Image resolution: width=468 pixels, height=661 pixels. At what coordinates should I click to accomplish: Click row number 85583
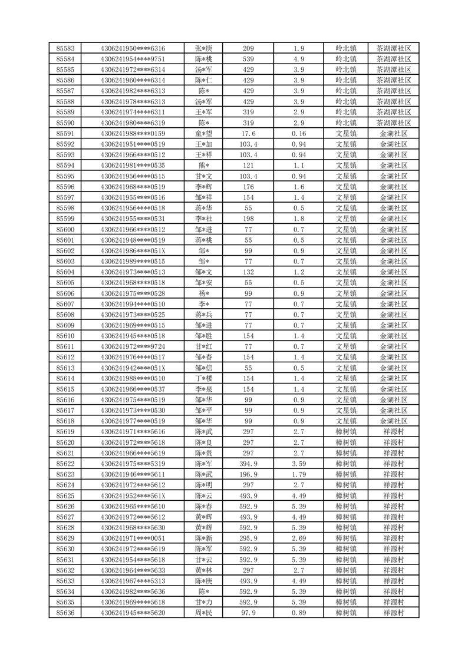(x=65, y=48)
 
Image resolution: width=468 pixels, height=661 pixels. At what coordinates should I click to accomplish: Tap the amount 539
(x=248, y=59)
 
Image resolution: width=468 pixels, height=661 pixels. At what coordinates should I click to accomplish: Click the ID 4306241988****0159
(x=133, y=134)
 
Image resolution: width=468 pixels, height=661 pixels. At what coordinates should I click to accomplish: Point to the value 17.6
(x=248, y=134)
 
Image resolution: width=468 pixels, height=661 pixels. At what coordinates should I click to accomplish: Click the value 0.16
(x=298, y=134)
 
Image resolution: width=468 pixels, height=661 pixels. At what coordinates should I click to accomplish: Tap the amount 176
(x=248, y=187)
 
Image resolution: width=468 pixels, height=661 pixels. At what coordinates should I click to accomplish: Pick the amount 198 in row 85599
(x=248, y=219)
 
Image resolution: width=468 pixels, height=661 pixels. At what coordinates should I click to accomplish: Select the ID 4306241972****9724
(x=133, y=346)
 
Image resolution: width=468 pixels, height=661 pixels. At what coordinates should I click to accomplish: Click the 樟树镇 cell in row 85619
(x=346, y=432)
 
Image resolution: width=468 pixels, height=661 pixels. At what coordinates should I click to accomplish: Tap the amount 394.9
(x=248, y=464)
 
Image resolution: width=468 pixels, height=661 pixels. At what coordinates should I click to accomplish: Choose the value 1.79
(x=298, y=474)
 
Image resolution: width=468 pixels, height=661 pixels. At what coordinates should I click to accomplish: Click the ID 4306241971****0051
(x=133, y=538)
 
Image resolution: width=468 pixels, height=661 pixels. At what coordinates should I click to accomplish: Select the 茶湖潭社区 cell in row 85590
(x=393, y=123)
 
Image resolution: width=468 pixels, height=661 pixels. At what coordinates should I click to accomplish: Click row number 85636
(x=65, y=613)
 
